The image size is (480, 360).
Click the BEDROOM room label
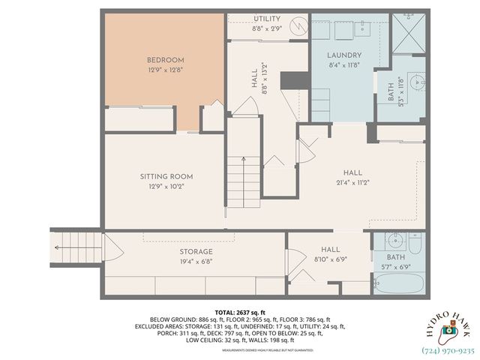click(165, 60)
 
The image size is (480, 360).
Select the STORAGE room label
click(195, 251)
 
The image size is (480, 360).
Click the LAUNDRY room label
click(344, 55)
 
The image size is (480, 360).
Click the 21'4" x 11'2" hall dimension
click(352, 181)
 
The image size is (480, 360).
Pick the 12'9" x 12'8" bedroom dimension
click(165, 70)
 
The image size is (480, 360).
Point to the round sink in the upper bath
click(418, 81)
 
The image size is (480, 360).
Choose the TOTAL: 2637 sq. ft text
click(240, 312)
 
